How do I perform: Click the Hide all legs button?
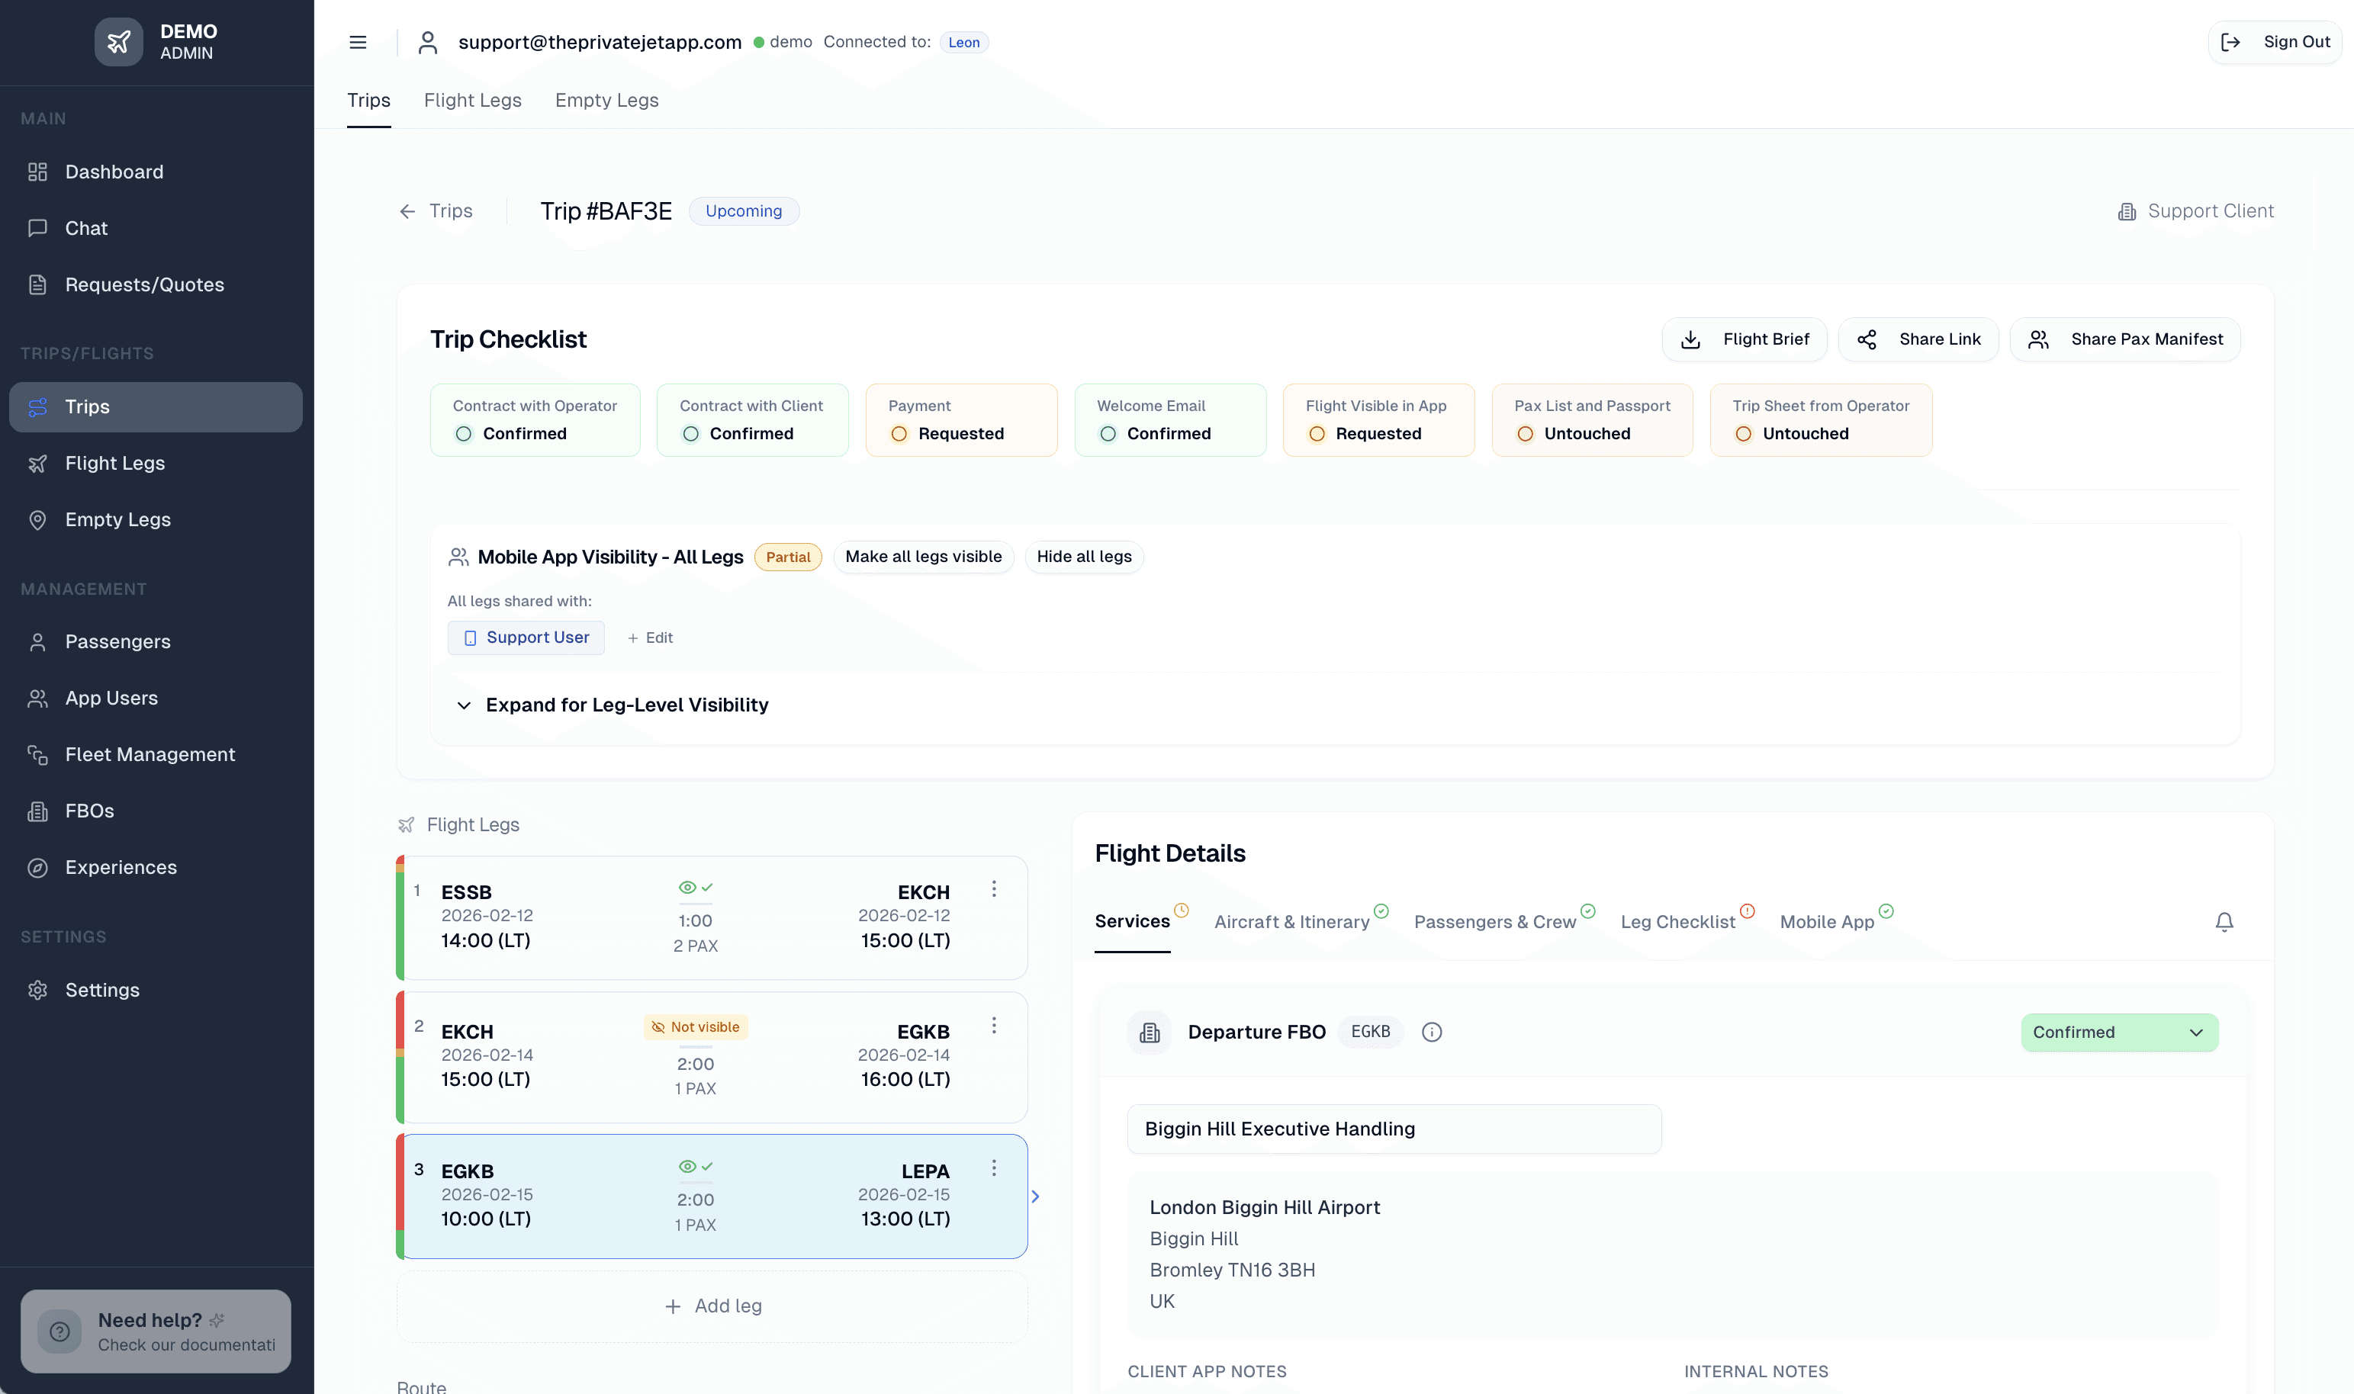click(1083, 556)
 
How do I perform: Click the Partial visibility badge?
click(787, 557)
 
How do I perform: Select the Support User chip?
click(526, 637)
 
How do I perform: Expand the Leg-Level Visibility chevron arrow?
click(464, 705)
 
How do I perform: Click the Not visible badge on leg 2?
click(695, 1026)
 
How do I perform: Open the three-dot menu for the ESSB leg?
click(994, 888)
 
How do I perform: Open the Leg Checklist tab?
click(1677, 921)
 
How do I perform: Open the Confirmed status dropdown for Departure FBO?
click(2118, 1033)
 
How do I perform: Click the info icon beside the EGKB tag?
click(1432, 1033)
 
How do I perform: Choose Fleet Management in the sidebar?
click(150, 754)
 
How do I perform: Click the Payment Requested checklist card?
click(960, 420)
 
